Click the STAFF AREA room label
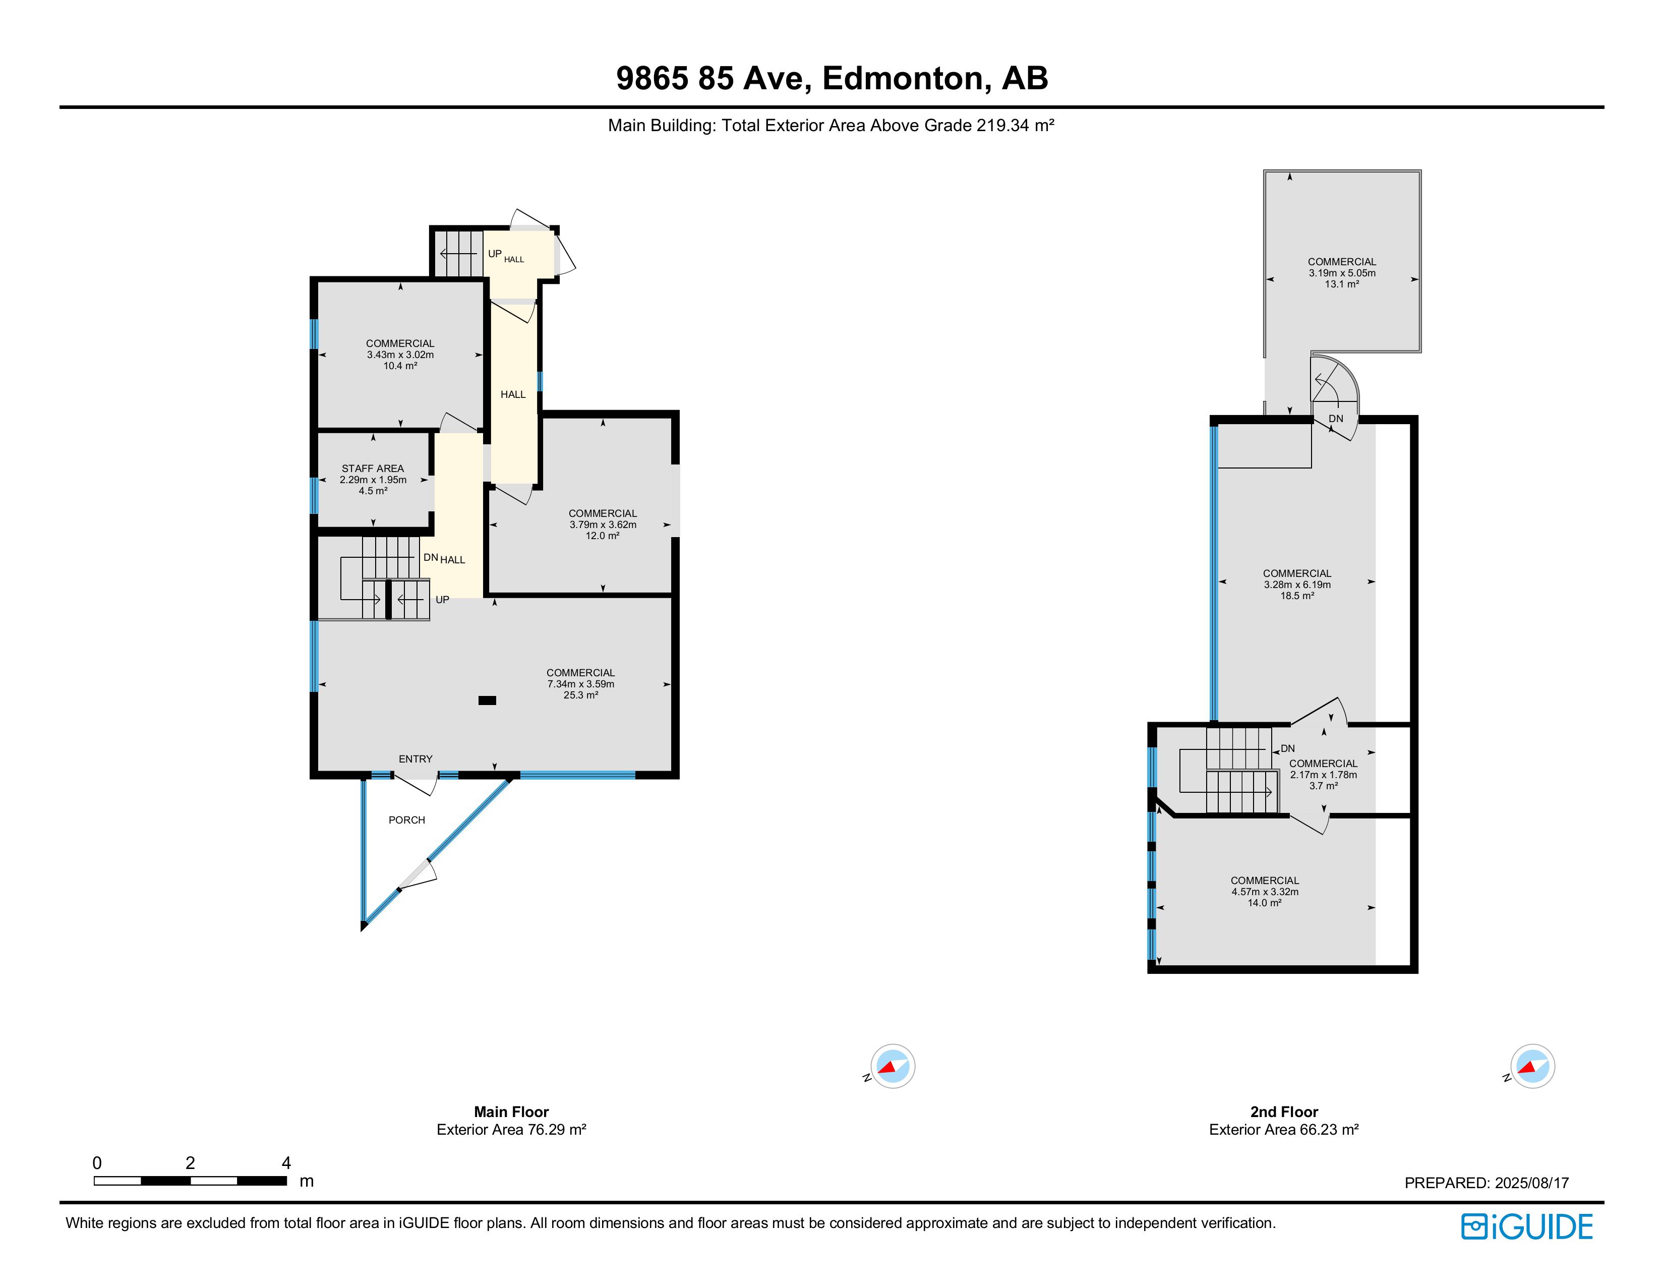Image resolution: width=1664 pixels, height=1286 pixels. tap(373, 469)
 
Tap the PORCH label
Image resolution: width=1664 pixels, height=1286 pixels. tap(407, 820)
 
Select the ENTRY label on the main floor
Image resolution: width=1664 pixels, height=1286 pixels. tap(415, 759)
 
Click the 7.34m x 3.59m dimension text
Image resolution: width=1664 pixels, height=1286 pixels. tap(580, 684)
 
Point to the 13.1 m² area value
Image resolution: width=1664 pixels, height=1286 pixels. tap(1342, 284)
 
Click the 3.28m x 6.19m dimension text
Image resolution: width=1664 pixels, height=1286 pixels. tap(1297, 585)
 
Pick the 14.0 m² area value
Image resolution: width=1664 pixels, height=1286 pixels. tap(1264, 903)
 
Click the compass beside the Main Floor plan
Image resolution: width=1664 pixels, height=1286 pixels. tap(892, 1066)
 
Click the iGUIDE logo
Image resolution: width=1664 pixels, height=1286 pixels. tap(1527, 1226)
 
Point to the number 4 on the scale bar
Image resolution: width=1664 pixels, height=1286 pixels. tap(286, 1162)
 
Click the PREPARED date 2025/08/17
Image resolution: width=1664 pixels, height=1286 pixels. tap(1531, 1183)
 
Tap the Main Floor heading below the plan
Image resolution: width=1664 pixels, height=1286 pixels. tap(511, 1112)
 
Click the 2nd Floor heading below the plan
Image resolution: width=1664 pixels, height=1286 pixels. tap(1284, 1112)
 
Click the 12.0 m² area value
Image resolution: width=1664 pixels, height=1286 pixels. tap(603, 536)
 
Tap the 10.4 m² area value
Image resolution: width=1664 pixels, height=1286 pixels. tap(400, 366)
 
